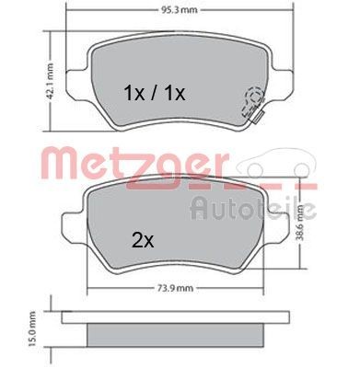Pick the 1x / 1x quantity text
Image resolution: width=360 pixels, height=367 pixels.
[155, 93]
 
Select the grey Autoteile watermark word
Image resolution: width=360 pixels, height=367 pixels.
[253, 209]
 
